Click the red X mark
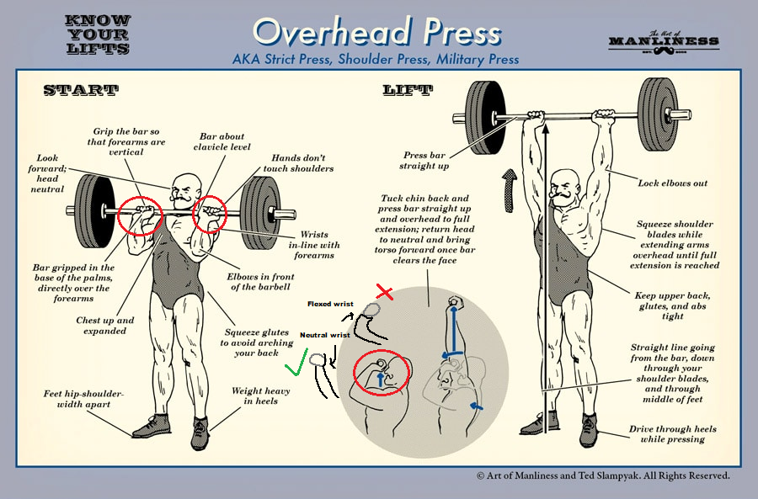pyautogui.click(x=384, y=292)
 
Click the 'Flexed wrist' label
pyautogui.click(x=330, y=304)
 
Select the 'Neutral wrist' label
pyautogui.click(x=325, y=335)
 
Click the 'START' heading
pyautogui.click(x=81, y=90)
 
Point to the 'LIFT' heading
pyautogui.click(x=408, y=90)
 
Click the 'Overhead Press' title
pyautogui.click(x=376, y=31)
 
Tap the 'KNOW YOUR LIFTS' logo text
pyautogui.click(x=99, y=35)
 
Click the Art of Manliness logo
pyautogui.click(x=664, y=42)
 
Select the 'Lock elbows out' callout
pyautogui.click(x=672, y=183)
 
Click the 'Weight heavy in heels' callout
pyautogui.click(x=260, y=395)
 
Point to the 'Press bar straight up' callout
pyautogui.click(x=424, y=161)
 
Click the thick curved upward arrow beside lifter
pyautogui.click(x=509, y=191)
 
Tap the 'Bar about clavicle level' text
pyautogui.click(x=222, y=141)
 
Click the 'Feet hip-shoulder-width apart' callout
pyautogui.click(x=83, y=399)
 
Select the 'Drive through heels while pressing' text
pyautogui.click(x=672, y=434)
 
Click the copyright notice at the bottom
pyautogui.click(x=603, y=475)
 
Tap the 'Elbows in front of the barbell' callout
pyautogui.click(x=260, y=282)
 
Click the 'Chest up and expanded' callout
pyautogui.click(x=105, y=326)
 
